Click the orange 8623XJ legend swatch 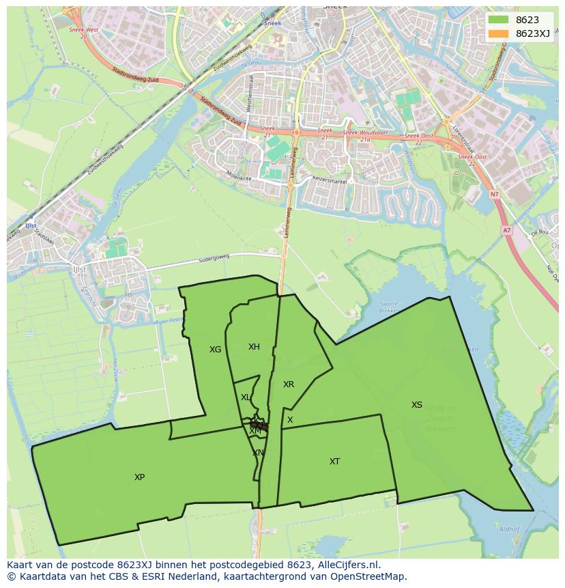tap(499, 34)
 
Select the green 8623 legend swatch tap(499, 20)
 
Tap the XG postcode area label tap(215, 350)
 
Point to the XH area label tap(254, 347)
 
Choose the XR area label tap(289, 384)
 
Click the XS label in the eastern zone tap(416, 405)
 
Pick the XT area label tap(334, 462)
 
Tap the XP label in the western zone tap(139, 477)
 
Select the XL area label tap(245, 397)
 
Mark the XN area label tap(258, 453)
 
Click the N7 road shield tap(494, 195)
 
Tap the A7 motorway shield tap(506, 231)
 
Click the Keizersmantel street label tap(330, 182)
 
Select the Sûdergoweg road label tap(214, 257)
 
